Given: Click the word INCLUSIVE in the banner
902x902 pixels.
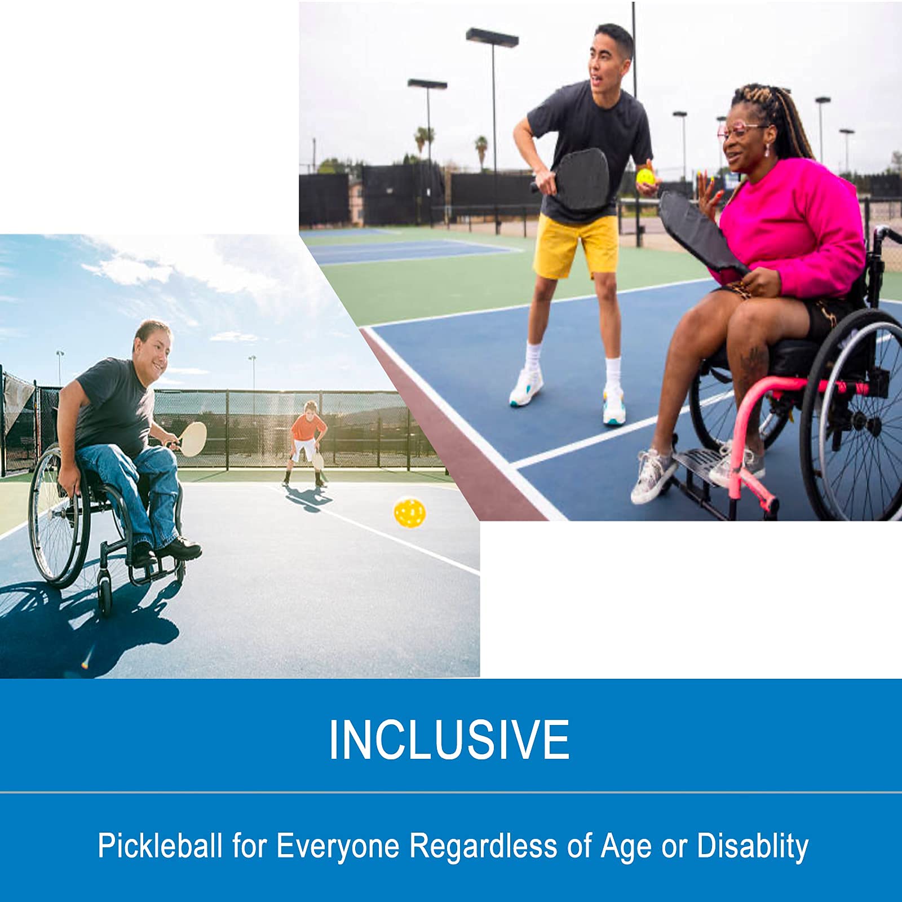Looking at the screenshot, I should pos(449,739).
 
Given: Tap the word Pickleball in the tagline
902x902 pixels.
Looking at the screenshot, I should pos(160,846).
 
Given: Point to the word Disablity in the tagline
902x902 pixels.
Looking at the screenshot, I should pos(752,846).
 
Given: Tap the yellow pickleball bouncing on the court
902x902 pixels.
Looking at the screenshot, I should pos(410,512).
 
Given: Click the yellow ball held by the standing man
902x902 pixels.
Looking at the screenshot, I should pos(645,177).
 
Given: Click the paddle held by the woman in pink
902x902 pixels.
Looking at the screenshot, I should pos(699,231).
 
